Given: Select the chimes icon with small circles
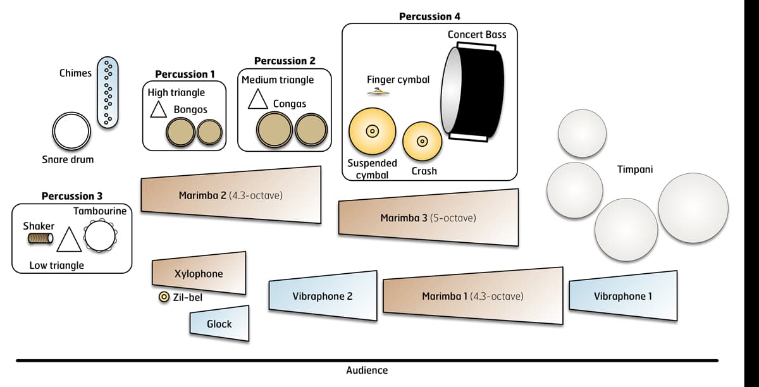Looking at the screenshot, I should coord(108,91).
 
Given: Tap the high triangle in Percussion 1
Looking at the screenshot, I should coord(157,110).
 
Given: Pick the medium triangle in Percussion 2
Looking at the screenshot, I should coord(257,99).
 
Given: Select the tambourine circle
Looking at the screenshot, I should coord(101,235).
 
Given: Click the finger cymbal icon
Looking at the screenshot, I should coord(378,93).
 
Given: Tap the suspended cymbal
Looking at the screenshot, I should coord(372,132).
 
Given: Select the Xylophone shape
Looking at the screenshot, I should coord(199,273).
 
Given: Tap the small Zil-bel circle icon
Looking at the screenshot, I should coord(163,297).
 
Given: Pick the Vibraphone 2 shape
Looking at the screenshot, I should coord(323,296).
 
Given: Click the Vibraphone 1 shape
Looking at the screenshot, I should coord(624,296).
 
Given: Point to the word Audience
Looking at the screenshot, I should coord(367,370).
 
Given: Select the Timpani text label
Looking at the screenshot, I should coord(634,169).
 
